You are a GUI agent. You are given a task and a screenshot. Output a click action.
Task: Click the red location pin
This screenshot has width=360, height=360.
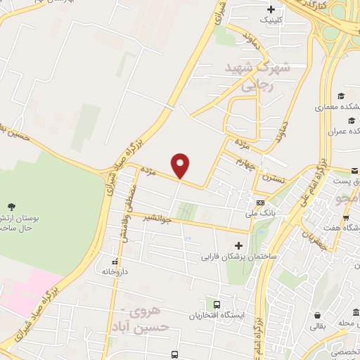coord(181,165)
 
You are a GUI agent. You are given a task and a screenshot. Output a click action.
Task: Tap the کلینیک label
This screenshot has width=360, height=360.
coord(274,20)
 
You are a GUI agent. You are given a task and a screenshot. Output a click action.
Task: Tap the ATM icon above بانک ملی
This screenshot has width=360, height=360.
coord(261,202)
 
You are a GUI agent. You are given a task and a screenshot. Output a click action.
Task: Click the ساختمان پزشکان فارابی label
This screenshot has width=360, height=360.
coord(238,257)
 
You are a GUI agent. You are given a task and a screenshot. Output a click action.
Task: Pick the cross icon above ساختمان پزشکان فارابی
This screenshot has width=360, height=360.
coord(238,246)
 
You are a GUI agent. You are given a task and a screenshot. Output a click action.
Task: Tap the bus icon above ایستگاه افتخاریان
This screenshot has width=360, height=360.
coord(217,305)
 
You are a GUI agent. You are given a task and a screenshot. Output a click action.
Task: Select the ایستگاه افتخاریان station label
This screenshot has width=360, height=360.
coord(217,316)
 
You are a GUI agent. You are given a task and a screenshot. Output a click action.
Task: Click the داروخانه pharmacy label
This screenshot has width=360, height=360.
coord(116,271)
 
